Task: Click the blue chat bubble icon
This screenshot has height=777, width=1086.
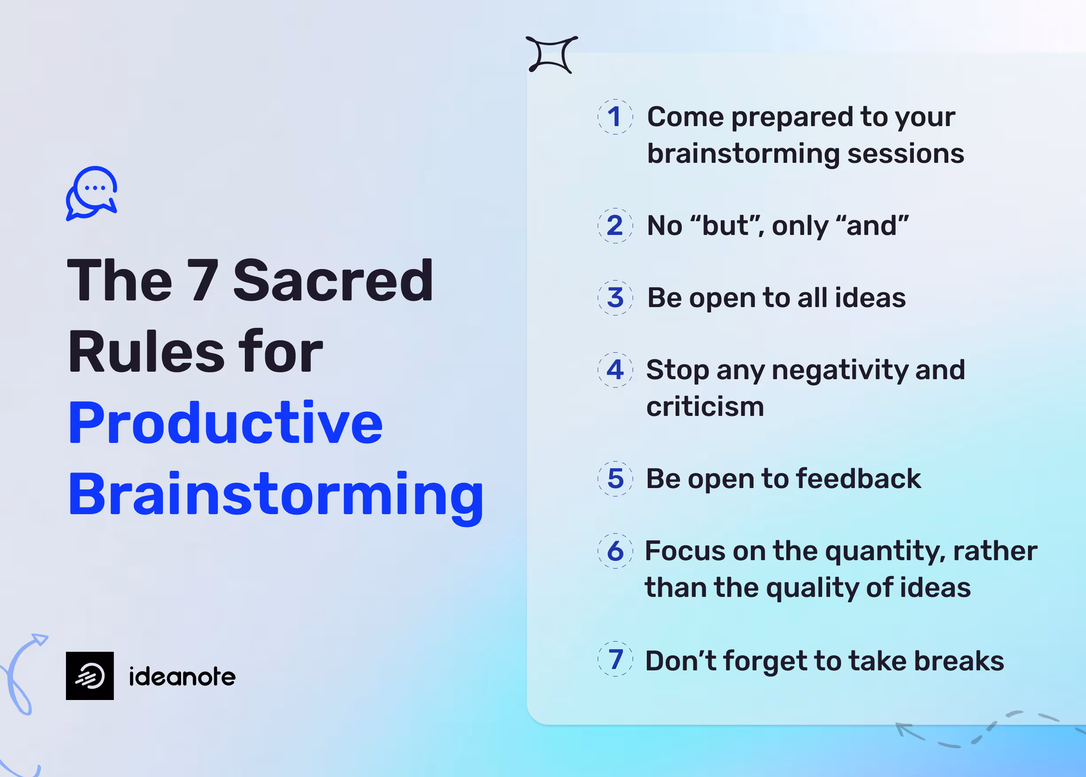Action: [x=92, y=193]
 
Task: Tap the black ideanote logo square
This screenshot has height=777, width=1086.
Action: [x=89, y=676]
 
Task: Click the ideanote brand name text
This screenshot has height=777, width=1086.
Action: [x=182, y=677]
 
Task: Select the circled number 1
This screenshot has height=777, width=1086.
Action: [x=615, y=117]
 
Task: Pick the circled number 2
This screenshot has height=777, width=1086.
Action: [x=615, y=225]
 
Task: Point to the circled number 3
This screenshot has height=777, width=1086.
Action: [x=615, y=298]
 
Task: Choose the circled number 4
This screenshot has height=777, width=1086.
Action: [x=615, y=370]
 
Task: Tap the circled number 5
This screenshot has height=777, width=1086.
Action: [x=615, y=478]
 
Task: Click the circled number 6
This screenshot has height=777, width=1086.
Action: [x=615, y=551]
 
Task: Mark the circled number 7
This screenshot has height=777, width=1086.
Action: [x=615, y=659]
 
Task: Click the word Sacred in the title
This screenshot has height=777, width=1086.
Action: [x=333, y=281]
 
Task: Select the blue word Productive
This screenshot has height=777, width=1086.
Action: [x=225, y=423]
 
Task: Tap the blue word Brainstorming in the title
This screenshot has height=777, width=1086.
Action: [x=276, y=495]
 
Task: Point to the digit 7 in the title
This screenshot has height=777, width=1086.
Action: [x=203, y=281]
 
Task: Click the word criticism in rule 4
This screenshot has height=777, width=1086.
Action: [x=705, y=407]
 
